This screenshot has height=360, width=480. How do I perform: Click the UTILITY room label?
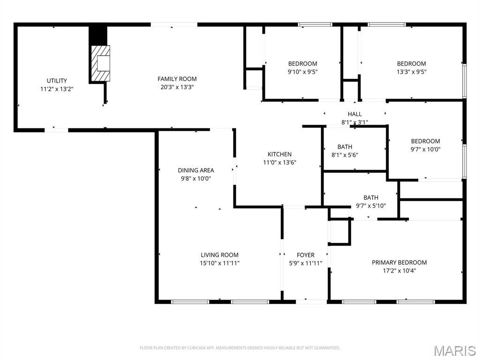coord(57,81)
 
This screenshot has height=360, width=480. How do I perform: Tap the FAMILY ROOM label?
coord(177,79)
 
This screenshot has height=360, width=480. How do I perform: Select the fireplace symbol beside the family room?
coord(100,63)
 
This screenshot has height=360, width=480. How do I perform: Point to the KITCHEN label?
coord(279,154)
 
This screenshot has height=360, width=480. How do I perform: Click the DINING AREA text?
coord(196,171)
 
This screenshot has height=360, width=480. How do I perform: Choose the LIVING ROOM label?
coord(219,255)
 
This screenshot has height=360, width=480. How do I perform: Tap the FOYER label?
coord(306,255)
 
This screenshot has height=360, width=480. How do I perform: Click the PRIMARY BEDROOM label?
coord(399,262)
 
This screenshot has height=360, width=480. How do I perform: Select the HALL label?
coord(355,114)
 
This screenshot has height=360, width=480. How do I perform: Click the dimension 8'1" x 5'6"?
coord(345,155)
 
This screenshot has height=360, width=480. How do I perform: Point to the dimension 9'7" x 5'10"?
coord(371,206)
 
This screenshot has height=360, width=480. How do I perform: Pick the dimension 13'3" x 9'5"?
coord(412,72)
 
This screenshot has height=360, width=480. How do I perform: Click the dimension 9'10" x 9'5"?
coord(302,72)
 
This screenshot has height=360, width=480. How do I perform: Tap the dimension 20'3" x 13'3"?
coord(177,87)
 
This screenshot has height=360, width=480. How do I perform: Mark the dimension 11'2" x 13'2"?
coord(57,89)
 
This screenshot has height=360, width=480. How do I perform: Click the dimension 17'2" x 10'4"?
coord(399,271)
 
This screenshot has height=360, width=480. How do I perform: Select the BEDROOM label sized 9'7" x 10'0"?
coord(426,142)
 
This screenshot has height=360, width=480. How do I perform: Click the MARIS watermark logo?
coord(455,351)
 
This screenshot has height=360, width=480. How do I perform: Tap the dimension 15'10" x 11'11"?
coord(219,263)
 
